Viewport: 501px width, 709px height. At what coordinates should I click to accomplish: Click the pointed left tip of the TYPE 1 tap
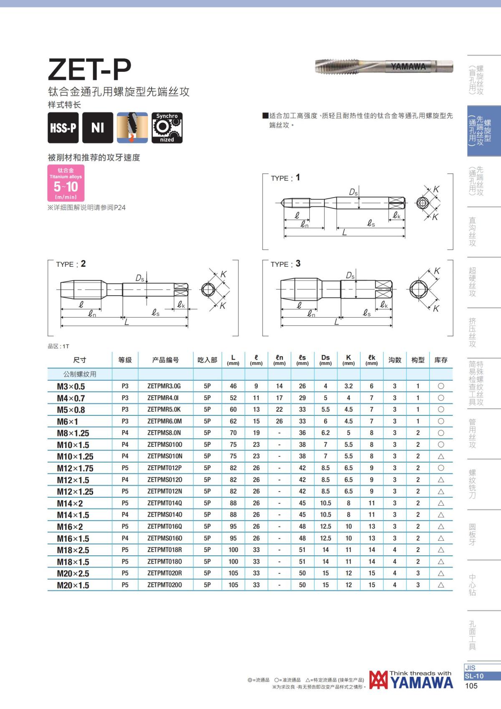(281, 203)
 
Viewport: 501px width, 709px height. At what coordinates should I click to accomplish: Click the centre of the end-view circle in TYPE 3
(418, 289)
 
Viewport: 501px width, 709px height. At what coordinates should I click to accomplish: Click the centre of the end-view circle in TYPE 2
(208, 289)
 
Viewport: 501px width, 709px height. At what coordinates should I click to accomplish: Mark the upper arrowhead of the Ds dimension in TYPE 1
(359, 198)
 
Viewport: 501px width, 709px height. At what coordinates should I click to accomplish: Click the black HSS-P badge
(63, 127)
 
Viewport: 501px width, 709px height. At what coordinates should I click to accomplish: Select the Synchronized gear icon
(167, 127)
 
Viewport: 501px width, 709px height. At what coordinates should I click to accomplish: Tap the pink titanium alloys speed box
(66, 182)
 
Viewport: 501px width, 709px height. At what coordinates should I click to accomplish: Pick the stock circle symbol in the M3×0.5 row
(441, 386)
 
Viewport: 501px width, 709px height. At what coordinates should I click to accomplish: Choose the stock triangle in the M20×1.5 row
(441, 585)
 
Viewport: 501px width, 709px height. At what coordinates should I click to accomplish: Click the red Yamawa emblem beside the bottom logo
(379, 680)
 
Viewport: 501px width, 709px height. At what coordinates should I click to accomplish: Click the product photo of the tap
(384, 66)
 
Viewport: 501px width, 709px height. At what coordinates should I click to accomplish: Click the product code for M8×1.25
(164, 433)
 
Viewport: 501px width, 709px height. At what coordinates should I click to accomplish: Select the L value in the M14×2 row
(233, 503)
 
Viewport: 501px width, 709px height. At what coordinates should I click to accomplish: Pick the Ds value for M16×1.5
(325, 538)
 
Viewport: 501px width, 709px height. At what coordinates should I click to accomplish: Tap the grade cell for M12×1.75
(125, 468)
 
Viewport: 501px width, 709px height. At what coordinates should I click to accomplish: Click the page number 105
(471, 686)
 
